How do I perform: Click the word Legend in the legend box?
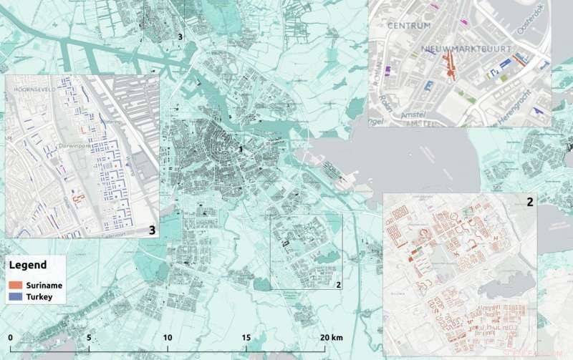click(28, 264)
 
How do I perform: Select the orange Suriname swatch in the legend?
click(16, 285)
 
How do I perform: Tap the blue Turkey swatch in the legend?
click(16, 296)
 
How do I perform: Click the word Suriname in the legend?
click(42, 285)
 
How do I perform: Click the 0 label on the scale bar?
click(11, 337)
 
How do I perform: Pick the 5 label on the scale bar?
click(89, 337)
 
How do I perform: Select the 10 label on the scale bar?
click(168, 337)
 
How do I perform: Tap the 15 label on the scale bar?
click(246, 337)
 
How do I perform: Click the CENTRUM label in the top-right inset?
click(409, 25)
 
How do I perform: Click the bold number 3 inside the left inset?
click(151, 230)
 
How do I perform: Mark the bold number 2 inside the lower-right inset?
click(529, 202)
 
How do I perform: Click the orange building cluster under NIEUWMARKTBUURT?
click(450, 66)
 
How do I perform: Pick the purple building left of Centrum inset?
click(388, 71)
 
